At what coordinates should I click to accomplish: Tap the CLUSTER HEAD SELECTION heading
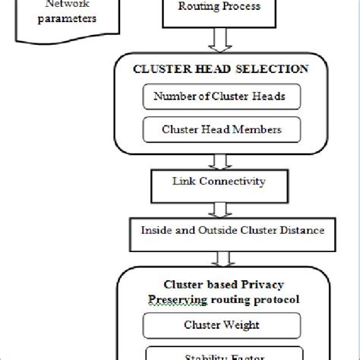click(220, 69)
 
